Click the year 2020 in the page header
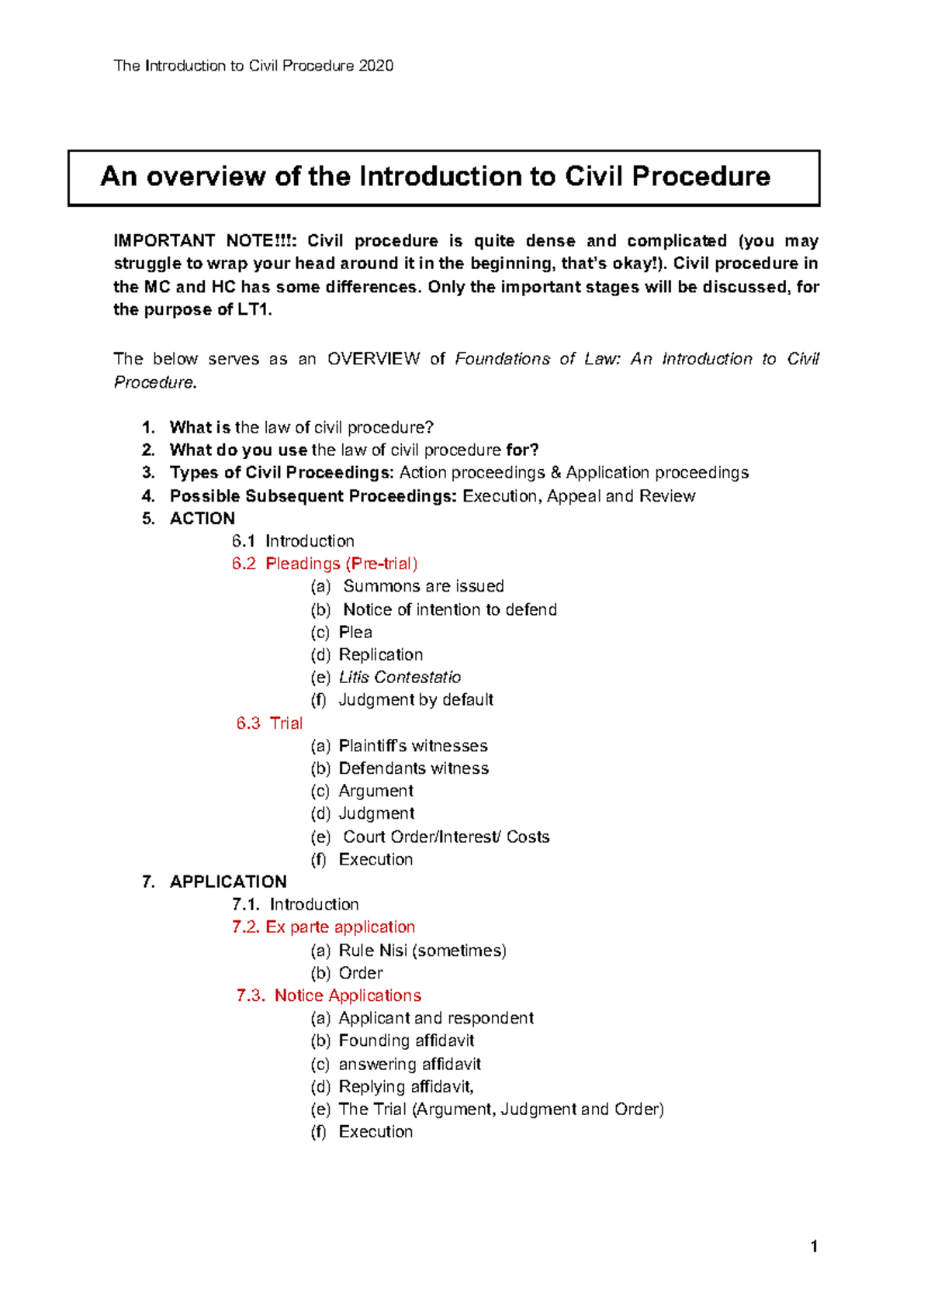(376, 66)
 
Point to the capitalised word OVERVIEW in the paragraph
(373, 359)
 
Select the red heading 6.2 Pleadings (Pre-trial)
(324, 564)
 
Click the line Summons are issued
(423, 586)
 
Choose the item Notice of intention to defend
(449, 609)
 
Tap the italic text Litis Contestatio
(400, 677)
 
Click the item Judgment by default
(416, 699)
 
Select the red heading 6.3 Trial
(269, 723)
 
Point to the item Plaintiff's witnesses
(413, 746)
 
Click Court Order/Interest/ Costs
(446, 837)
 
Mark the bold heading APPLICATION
(228, 882)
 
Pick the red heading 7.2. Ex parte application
(323, 927)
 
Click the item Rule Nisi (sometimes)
(422, 950)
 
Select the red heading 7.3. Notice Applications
(328, 996)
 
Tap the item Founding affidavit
(406, 1041)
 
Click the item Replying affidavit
(406, 1086)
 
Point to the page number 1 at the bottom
(814, 1247)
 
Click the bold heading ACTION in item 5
(202, 519)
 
